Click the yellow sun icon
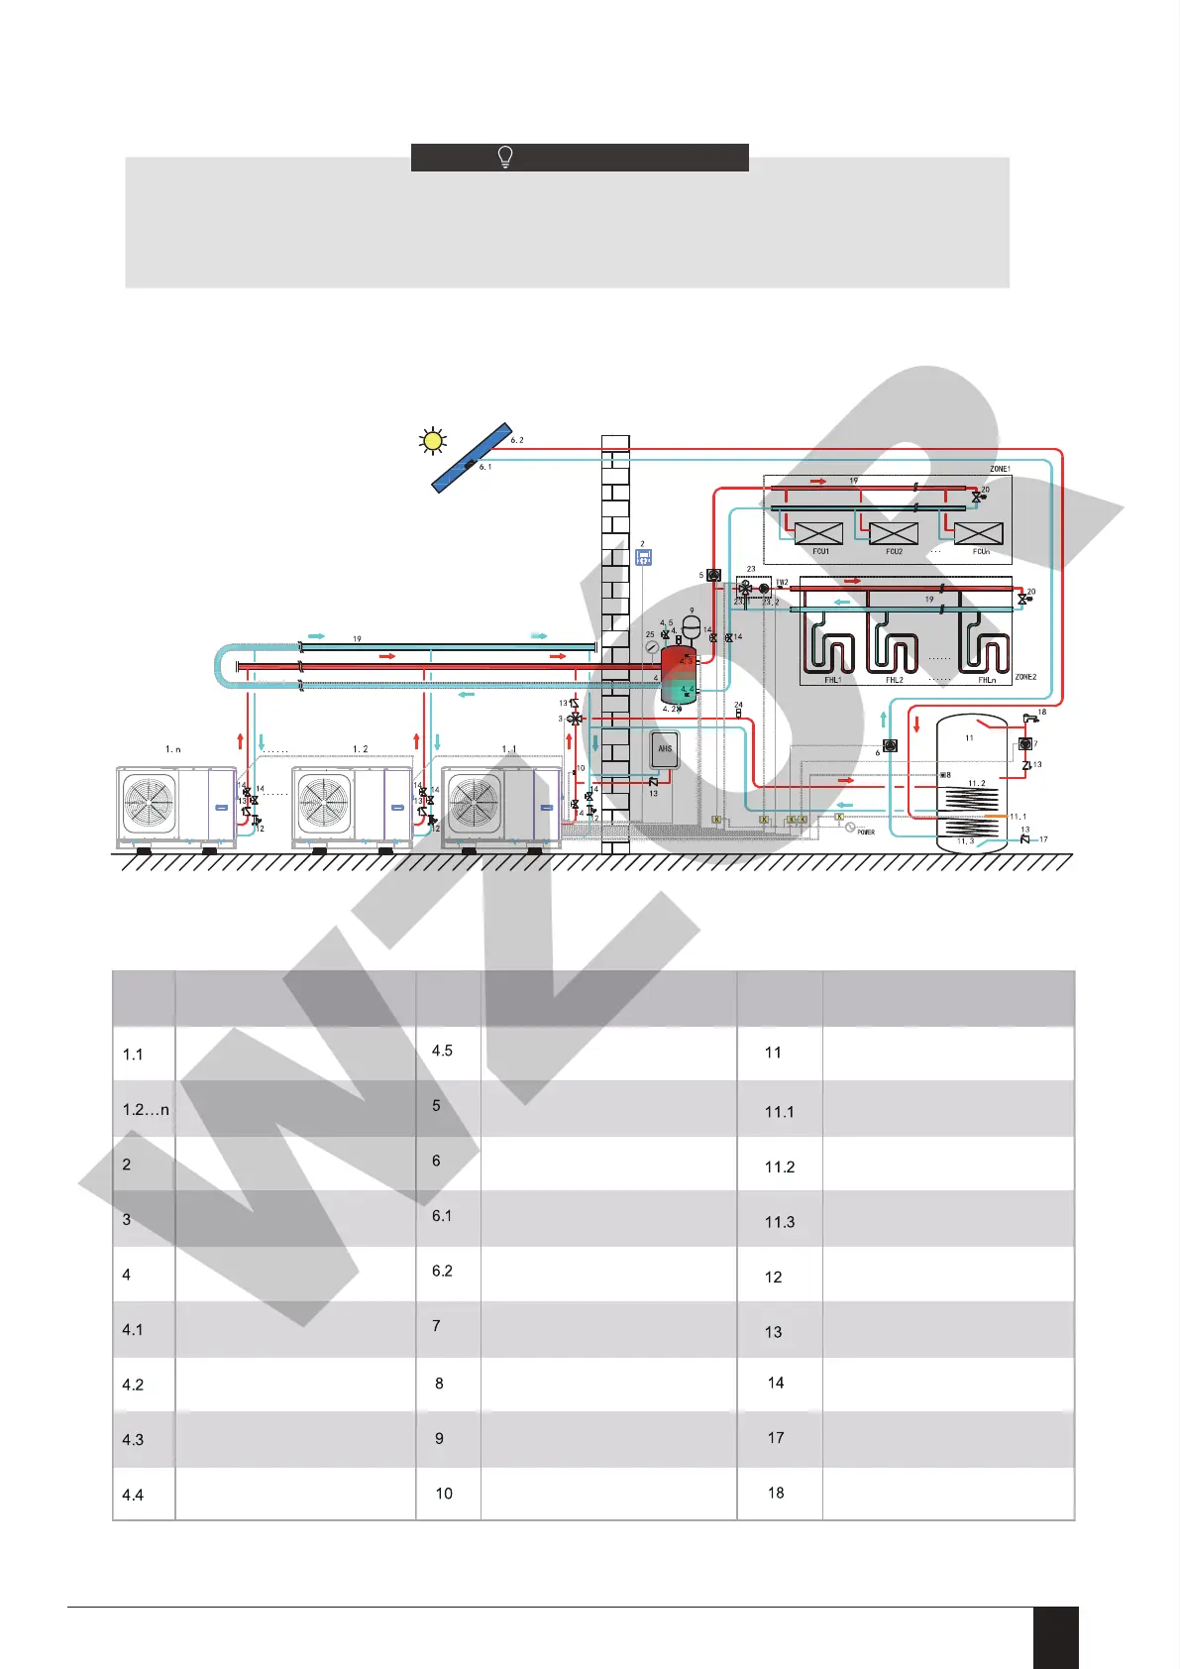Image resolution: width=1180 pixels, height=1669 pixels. click(x=433, y=441)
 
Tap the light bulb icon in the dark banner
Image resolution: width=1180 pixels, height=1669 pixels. click(x=505, y=157)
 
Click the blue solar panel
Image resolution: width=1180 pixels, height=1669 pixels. click(x=472, y=458)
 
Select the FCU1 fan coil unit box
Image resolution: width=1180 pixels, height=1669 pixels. click(x=819, y=533)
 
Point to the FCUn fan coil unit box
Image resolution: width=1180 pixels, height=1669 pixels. click(x=979, y=533)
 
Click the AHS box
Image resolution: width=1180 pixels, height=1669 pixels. click(x=665, y=749)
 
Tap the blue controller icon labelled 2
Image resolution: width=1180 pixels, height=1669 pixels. click(x=643, y=558)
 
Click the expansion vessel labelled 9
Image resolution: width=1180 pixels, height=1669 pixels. click(x=692, y=626)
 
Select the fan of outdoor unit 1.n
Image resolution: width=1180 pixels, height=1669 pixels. click(x=149, y=802)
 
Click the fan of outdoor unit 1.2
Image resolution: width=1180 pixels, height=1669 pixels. click(x=324, y=802)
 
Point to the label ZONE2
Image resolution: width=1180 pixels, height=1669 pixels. click(x=1025, y=677)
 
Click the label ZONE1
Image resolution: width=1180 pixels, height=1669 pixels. click(x=1000, y=469)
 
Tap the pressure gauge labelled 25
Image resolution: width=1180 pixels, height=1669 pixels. click(x=652, y=646)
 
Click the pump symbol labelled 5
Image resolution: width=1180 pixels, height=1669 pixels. click(x=713, y=575)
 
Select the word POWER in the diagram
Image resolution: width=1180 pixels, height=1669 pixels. click(x=866, y=833)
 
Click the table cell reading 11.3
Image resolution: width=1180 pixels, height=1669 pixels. click(x=780, y=1222)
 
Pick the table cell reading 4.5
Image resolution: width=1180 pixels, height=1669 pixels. click(x=442, y=1051)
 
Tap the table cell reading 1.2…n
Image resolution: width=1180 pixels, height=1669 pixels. click(x=145, y=1109)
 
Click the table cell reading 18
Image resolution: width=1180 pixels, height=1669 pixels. click(x=776, y=1493)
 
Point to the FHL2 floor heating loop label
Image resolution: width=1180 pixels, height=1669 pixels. click(x=895, y=680)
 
